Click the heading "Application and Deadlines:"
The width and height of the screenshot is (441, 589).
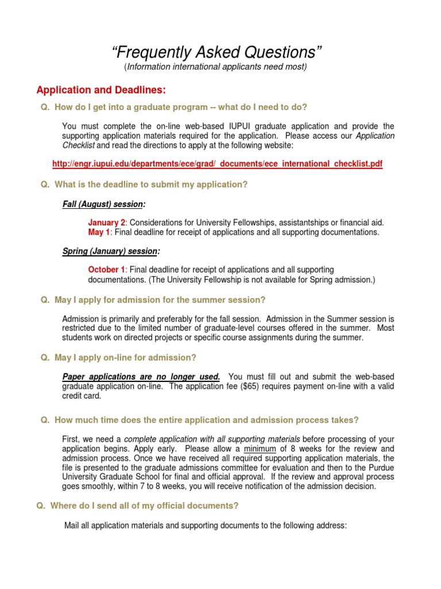click(100, 90)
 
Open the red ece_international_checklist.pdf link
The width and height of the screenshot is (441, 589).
click(217, 164)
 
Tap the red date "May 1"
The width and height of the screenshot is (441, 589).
click(99, 232)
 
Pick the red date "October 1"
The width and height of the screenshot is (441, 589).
click(106, 270)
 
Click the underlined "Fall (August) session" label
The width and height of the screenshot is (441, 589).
click(103, 204)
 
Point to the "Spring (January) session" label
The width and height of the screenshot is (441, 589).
click(110, 251)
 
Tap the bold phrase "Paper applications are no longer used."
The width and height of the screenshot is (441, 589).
click(141, 376)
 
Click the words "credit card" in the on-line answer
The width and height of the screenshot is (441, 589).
click(81, 396)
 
